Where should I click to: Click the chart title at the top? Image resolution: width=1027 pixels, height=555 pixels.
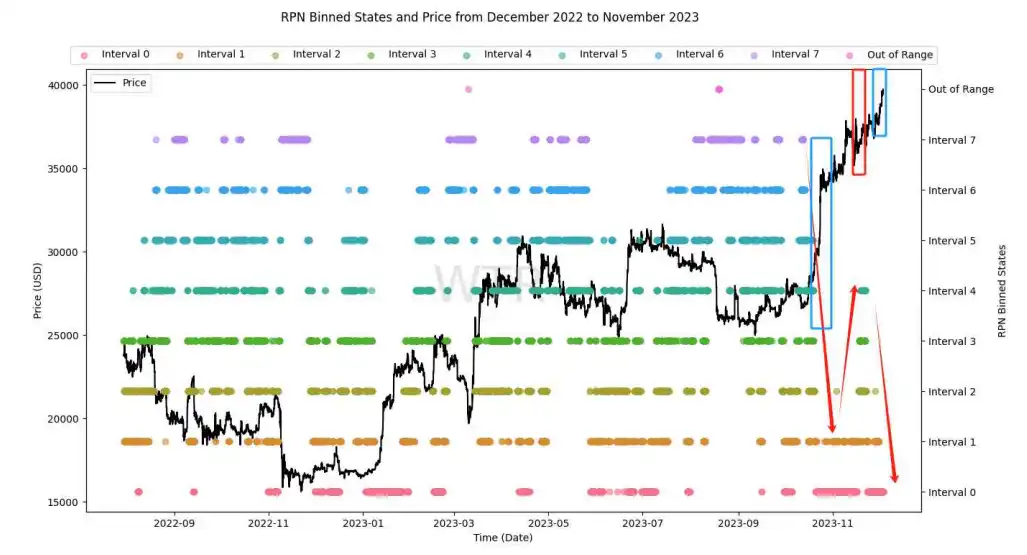pyautogui.click(x=490, y=17)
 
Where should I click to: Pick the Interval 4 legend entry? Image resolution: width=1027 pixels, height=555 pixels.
pyautogui.click(x=507, y=54)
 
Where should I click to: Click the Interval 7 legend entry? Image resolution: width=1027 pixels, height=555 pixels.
pyautogui.click(x=795, y=54)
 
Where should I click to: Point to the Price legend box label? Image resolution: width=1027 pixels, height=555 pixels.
pyautogui.click(x=134, y=83)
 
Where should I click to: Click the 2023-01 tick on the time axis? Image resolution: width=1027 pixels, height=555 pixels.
pyautogui.click(x=362, y=522)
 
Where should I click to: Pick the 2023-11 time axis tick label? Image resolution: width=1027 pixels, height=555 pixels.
pyautogui.click(x=832, y=522)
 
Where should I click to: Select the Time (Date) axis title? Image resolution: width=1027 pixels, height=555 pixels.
pyautogui.click(x=503, y=538)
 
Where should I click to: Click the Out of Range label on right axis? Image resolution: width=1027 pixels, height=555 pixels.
pyautogui.click(x=960, y=89)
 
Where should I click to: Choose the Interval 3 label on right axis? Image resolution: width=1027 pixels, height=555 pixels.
pyautogui.click(x=953, y=341)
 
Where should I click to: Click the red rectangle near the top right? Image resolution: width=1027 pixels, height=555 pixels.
pyautogui.click(x=858, y=122)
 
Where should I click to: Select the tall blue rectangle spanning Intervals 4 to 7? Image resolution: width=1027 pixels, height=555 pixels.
pyautogui.click(x=821, y=233)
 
